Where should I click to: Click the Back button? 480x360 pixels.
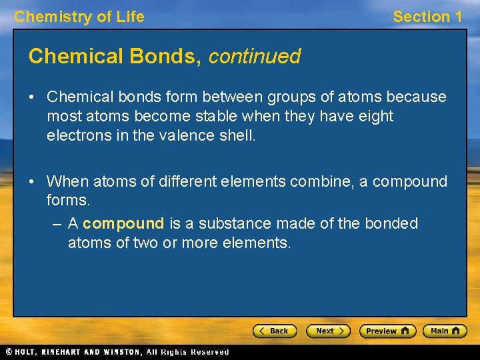(273, 331)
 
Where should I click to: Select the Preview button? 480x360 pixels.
(387, 331)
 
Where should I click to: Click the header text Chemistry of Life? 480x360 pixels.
(79, 17)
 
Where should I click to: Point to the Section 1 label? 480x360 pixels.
(427, 17)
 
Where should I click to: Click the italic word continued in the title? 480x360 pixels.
(255, 57)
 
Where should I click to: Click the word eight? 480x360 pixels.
(373, 116)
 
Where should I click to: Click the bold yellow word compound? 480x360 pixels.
(123, 223)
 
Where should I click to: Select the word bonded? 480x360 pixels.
(391, 223)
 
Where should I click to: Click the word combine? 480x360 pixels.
(325, 181)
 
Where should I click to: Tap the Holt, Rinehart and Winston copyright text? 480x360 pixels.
(117, 352)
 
